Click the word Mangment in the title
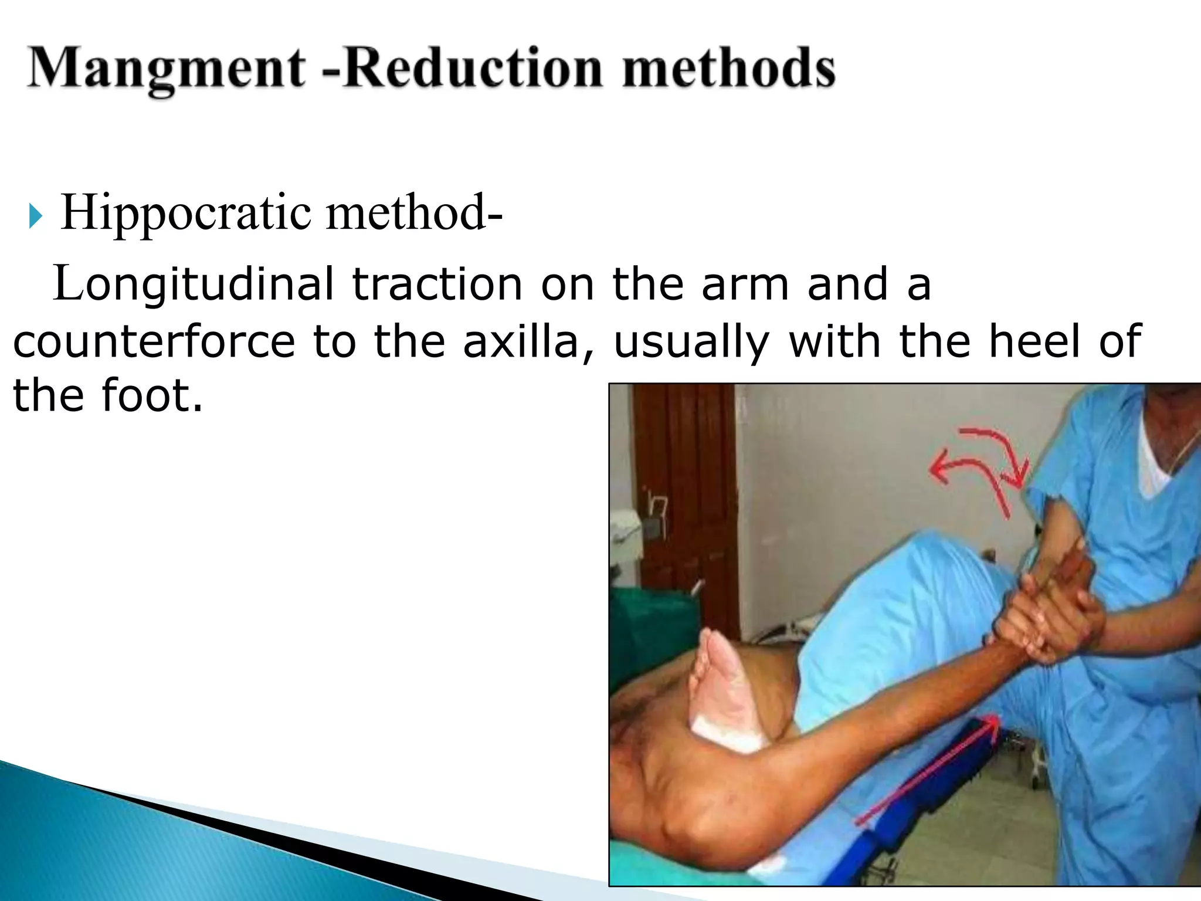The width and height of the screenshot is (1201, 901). [166, 69]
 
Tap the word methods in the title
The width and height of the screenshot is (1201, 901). [728, 69]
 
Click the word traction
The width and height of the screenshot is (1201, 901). [437, 284]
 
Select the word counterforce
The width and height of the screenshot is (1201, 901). [154, 341]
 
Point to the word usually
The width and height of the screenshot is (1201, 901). [691, 343]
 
